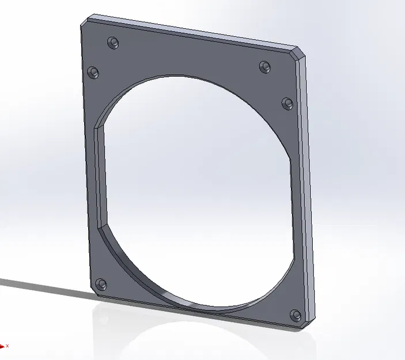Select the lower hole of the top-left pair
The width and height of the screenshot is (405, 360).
tap(93, 72)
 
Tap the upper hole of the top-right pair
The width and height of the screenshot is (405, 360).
tap(264, 66)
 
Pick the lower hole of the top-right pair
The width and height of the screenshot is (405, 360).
tap(287, 103)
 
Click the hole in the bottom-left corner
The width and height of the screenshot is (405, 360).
tap(101, 284)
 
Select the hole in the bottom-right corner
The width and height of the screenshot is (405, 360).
tap(296, 314)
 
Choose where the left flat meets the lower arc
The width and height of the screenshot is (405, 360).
tap(101, 228)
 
